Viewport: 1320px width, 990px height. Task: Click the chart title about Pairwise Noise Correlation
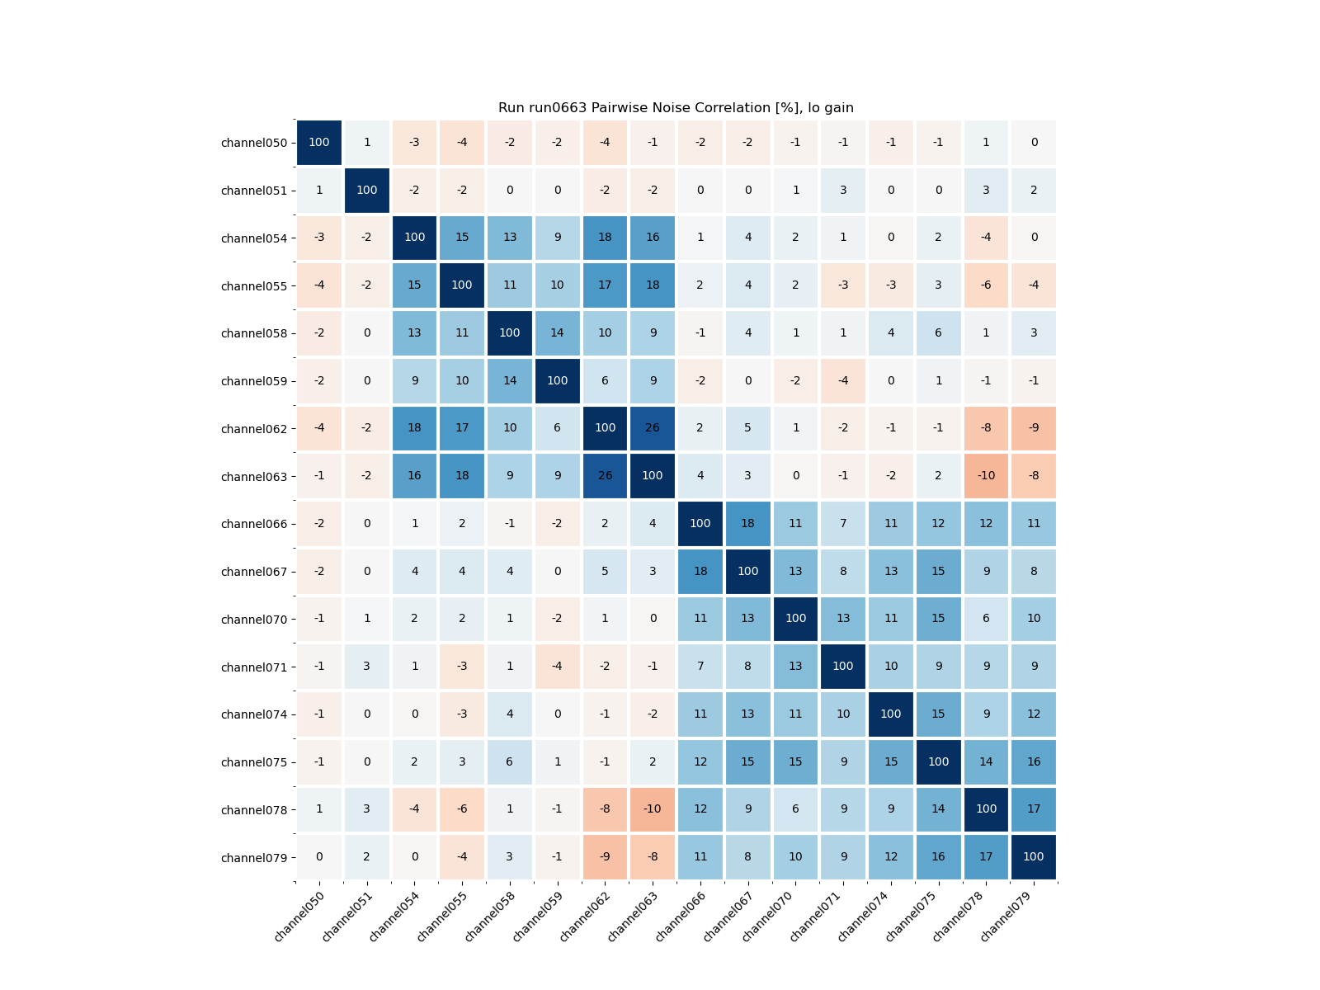(x=676, y=108)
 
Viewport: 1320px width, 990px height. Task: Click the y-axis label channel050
(x=254, y=143)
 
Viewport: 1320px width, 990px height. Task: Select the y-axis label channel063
(x=254, y=477)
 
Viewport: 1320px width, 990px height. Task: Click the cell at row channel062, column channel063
(x=653, y=428)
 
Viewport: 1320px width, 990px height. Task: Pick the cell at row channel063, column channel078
(x=986, y=476)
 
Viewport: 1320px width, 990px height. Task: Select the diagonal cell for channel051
(x=367, y=191)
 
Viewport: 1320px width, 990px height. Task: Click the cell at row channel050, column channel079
(x=1034, y=143)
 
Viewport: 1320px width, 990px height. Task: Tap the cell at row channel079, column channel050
(x=319, y=857)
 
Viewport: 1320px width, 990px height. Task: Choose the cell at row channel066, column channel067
(x=747, y=524)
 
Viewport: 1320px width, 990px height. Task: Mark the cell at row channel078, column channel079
(x=1034, y=809)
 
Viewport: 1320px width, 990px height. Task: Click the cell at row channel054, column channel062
(x=605, y=238)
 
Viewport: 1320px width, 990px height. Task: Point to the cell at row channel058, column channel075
(x=939, y=333)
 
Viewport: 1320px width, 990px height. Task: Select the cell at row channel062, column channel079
(x=1034, y=428)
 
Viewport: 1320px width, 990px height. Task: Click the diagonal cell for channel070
(x=795, y=619)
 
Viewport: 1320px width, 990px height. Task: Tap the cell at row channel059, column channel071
(x=843, y=381)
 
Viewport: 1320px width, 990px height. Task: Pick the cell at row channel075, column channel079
(x=1034, y=761)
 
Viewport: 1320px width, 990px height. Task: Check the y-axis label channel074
(x=254, y=714)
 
